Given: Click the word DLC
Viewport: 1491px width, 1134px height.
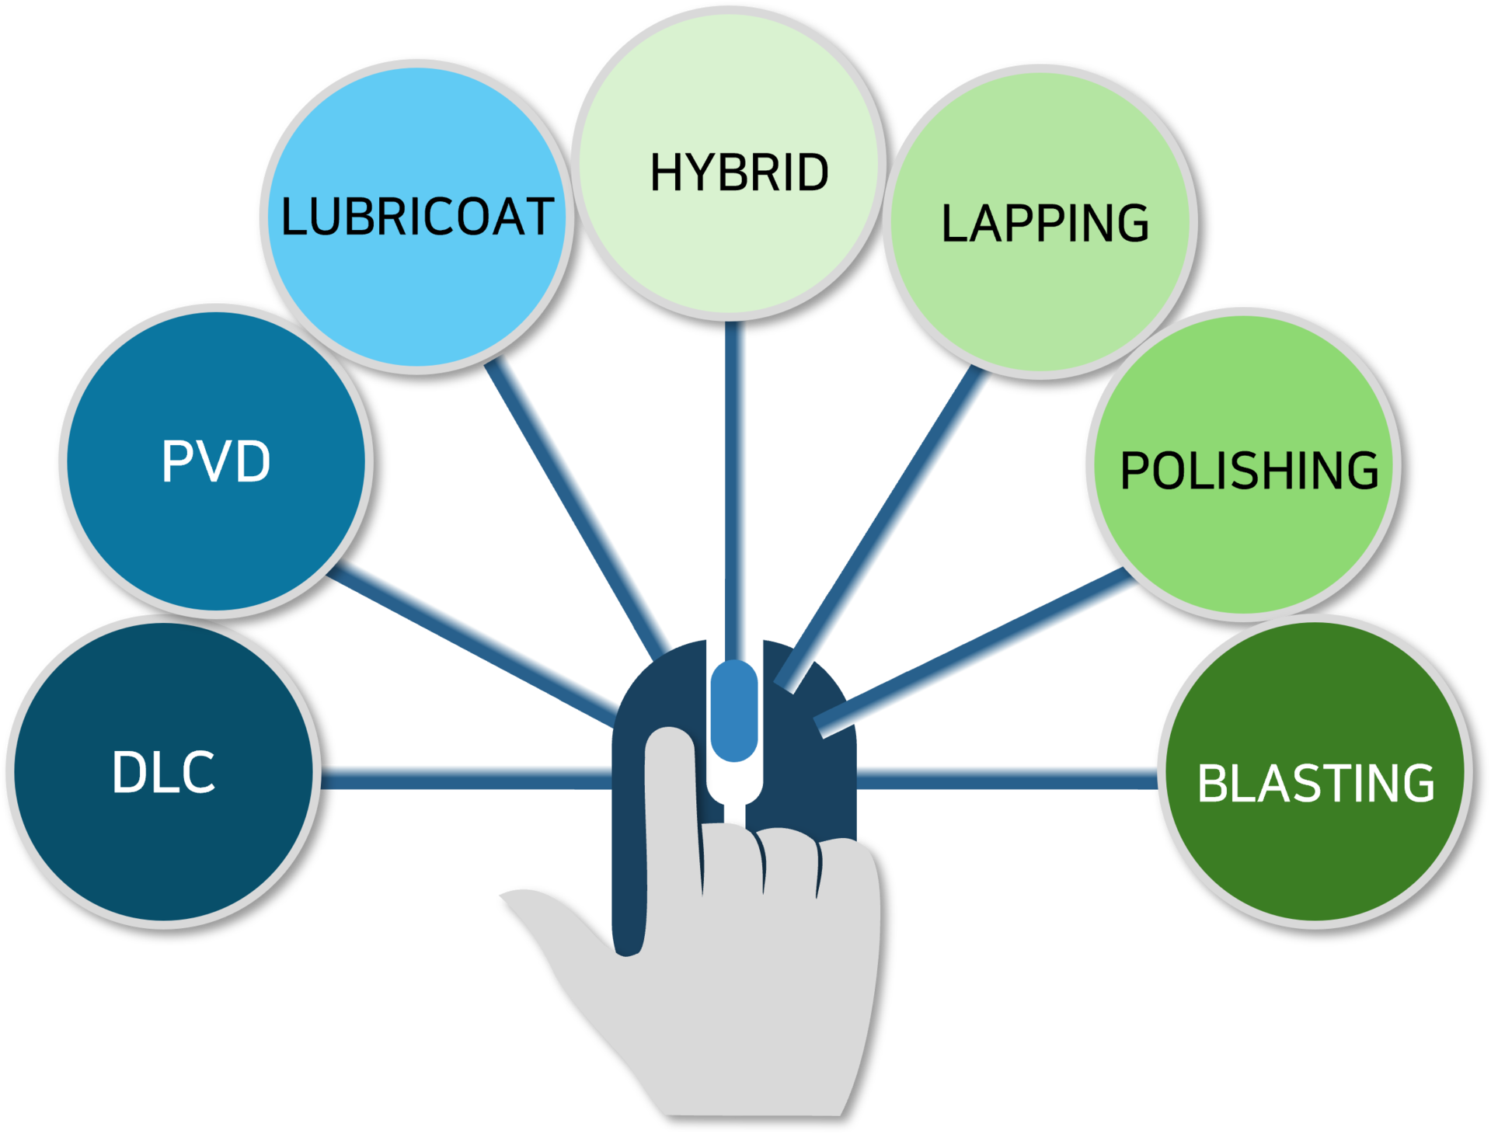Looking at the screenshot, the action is pos(163,772).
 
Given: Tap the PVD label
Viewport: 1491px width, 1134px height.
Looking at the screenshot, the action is pos(216,461).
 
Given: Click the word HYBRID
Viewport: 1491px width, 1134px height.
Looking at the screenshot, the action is pos(739,172).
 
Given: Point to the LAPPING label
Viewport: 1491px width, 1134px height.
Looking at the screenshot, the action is pos(1044,224).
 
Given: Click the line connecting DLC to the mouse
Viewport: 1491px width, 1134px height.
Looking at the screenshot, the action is pos(466,778).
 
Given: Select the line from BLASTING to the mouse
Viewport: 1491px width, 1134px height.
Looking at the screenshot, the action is pos(1008,778).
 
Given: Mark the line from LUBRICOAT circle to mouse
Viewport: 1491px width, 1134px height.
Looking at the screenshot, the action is pos(575,510).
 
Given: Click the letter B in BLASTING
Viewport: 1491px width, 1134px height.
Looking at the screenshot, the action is pos(1213,783).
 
